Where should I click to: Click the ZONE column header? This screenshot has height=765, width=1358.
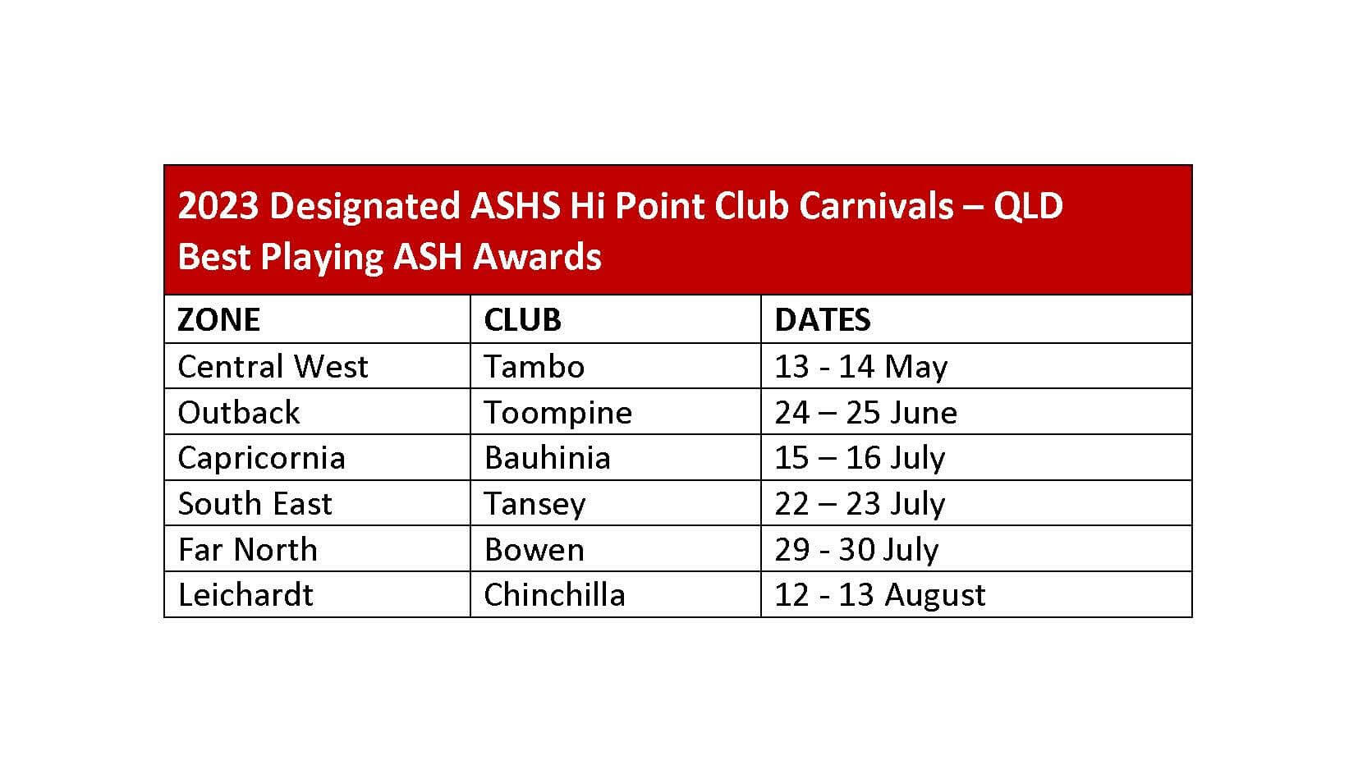pyautogui.click(x=218, y=319)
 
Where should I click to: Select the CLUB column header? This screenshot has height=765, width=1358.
pyautogui.click(x=522, y=319)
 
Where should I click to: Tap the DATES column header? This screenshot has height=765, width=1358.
pyautogui.click(x=823, y=319)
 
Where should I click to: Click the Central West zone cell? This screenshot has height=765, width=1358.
pyautogui.click(x=273, y=366)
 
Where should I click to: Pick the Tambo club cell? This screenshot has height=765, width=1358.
pyautogui.click(x=534, y=366)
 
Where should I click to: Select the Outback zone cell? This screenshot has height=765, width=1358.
pyautogui.click(x=238, y=412)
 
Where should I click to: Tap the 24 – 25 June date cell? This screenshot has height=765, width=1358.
pyautogui.click(x=865, y=412)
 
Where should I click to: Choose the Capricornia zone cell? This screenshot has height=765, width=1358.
pyautogui.click(x=261, y=458)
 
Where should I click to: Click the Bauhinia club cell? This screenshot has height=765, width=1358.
pyautogui.click(x=547, y=458)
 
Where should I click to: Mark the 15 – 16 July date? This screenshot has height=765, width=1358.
pyautogui.click(x=860, y=459)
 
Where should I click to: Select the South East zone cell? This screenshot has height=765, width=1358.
pyautogui.click(x=255, y=503)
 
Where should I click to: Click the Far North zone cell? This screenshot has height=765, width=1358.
pyautogui.click(x=247, y=549)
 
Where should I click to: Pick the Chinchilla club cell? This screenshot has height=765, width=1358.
pyautogui.click(x=554, y=594)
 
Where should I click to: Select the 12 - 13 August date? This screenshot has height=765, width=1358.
pyautogui.click(x=879, y=595)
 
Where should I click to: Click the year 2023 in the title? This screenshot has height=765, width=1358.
pyautogui.click(x=218, y=205)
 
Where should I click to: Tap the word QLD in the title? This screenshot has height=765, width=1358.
pyautogui.click(x=1028, y=206)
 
